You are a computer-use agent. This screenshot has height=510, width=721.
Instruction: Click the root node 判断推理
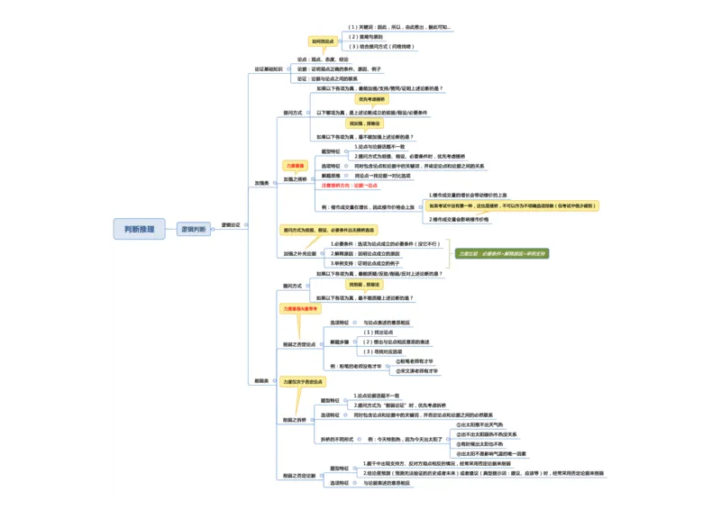click(139, 230)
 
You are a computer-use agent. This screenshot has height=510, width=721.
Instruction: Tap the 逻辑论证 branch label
click(232, 224)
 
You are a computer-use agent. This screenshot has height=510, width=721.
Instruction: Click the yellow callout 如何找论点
click(323, 41)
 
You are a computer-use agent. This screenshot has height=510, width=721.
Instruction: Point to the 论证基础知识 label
click(269, 68)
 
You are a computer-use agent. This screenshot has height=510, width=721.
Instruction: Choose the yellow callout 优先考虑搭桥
click(371, 100)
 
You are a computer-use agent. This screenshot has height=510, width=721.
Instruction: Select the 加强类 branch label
click(261, 182)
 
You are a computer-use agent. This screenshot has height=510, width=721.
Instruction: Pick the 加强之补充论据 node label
click(300, 254)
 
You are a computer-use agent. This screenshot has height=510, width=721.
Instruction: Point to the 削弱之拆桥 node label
click(296, 420)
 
